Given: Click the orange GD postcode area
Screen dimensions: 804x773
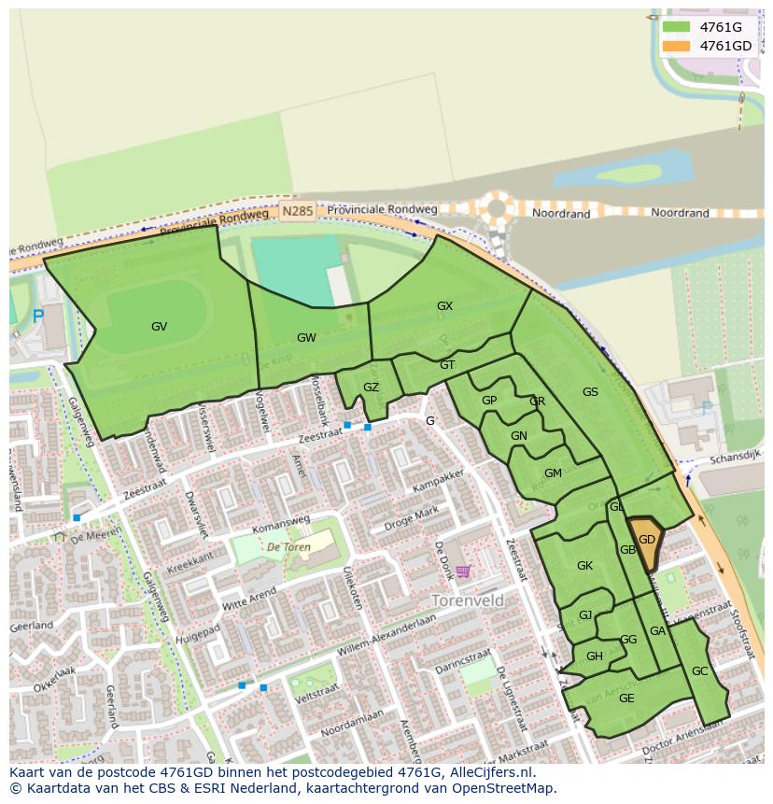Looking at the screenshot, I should [645, 542].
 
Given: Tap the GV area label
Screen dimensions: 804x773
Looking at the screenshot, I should [159, 327].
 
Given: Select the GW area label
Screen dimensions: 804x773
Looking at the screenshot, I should [306, 338].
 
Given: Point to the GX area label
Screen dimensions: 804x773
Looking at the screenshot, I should [444, 306].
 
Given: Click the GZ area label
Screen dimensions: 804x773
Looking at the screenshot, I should [371, 388].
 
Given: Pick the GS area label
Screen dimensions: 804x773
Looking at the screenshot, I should [590, 392].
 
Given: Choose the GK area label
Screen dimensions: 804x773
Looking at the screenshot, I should [584, 566].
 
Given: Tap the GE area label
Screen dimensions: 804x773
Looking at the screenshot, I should [626, 698].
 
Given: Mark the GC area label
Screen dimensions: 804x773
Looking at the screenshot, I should [699, 671].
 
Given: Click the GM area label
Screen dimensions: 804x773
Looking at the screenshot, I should [553, 473].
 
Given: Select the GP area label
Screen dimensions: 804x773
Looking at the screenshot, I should [488, 401].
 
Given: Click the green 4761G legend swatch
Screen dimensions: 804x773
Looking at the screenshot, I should [677, 27].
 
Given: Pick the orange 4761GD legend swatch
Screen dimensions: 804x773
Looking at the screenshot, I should [677, 46].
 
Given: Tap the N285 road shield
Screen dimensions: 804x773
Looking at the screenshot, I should [297, 212].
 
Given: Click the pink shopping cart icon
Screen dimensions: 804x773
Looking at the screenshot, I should [463, 571].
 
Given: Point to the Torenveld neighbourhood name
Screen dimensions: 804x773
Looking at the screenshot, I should [468, 599].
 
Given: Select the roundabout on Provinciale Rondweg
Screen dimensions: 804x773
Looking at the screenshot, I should [498, 208].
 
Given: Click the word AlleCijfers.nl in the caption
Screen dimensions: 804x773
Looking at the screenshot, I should [490, 772].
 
